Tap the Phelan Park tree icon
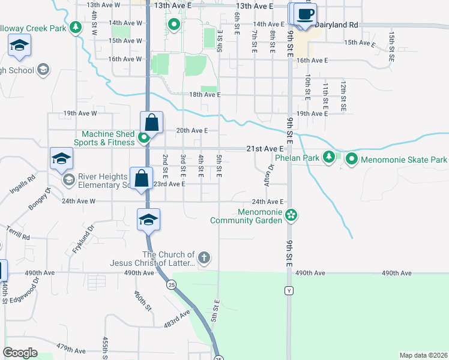click(328, 158)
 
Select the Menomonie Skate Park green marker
click(351, 159)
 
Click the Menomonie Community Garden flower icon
click(291, 214)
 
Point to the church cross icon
click(204, 258)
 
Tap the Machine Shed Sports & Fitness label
click(105, 139)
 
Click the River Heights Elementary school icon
click(68, 179)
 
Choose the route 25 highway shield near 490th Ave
click(172, 285)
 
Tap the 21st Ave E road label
click(265, 148)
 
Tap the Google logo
click(20, 353)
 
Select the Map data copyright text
click(423, 355)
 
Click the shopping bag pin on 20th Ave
click(152, 123)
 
